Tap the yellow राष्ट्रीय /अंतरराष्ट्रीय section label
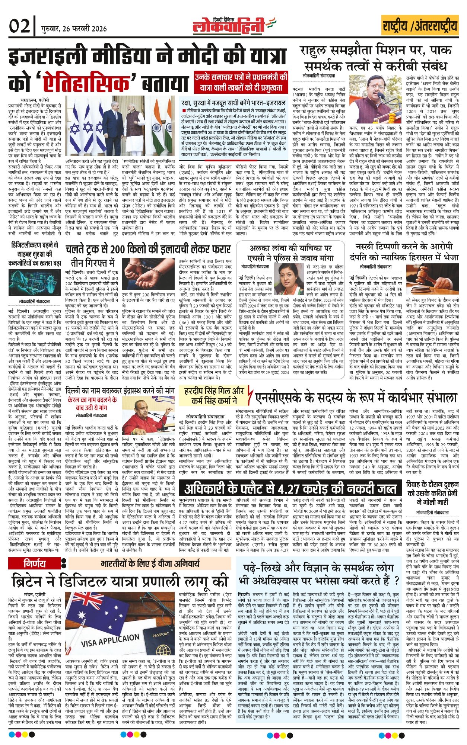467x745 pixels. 420,26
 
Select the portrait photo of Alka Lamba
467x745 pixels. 289,276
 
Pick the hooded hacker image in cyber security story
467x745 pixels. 34,283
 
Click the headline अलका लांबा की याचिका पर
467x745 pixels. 290,248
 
